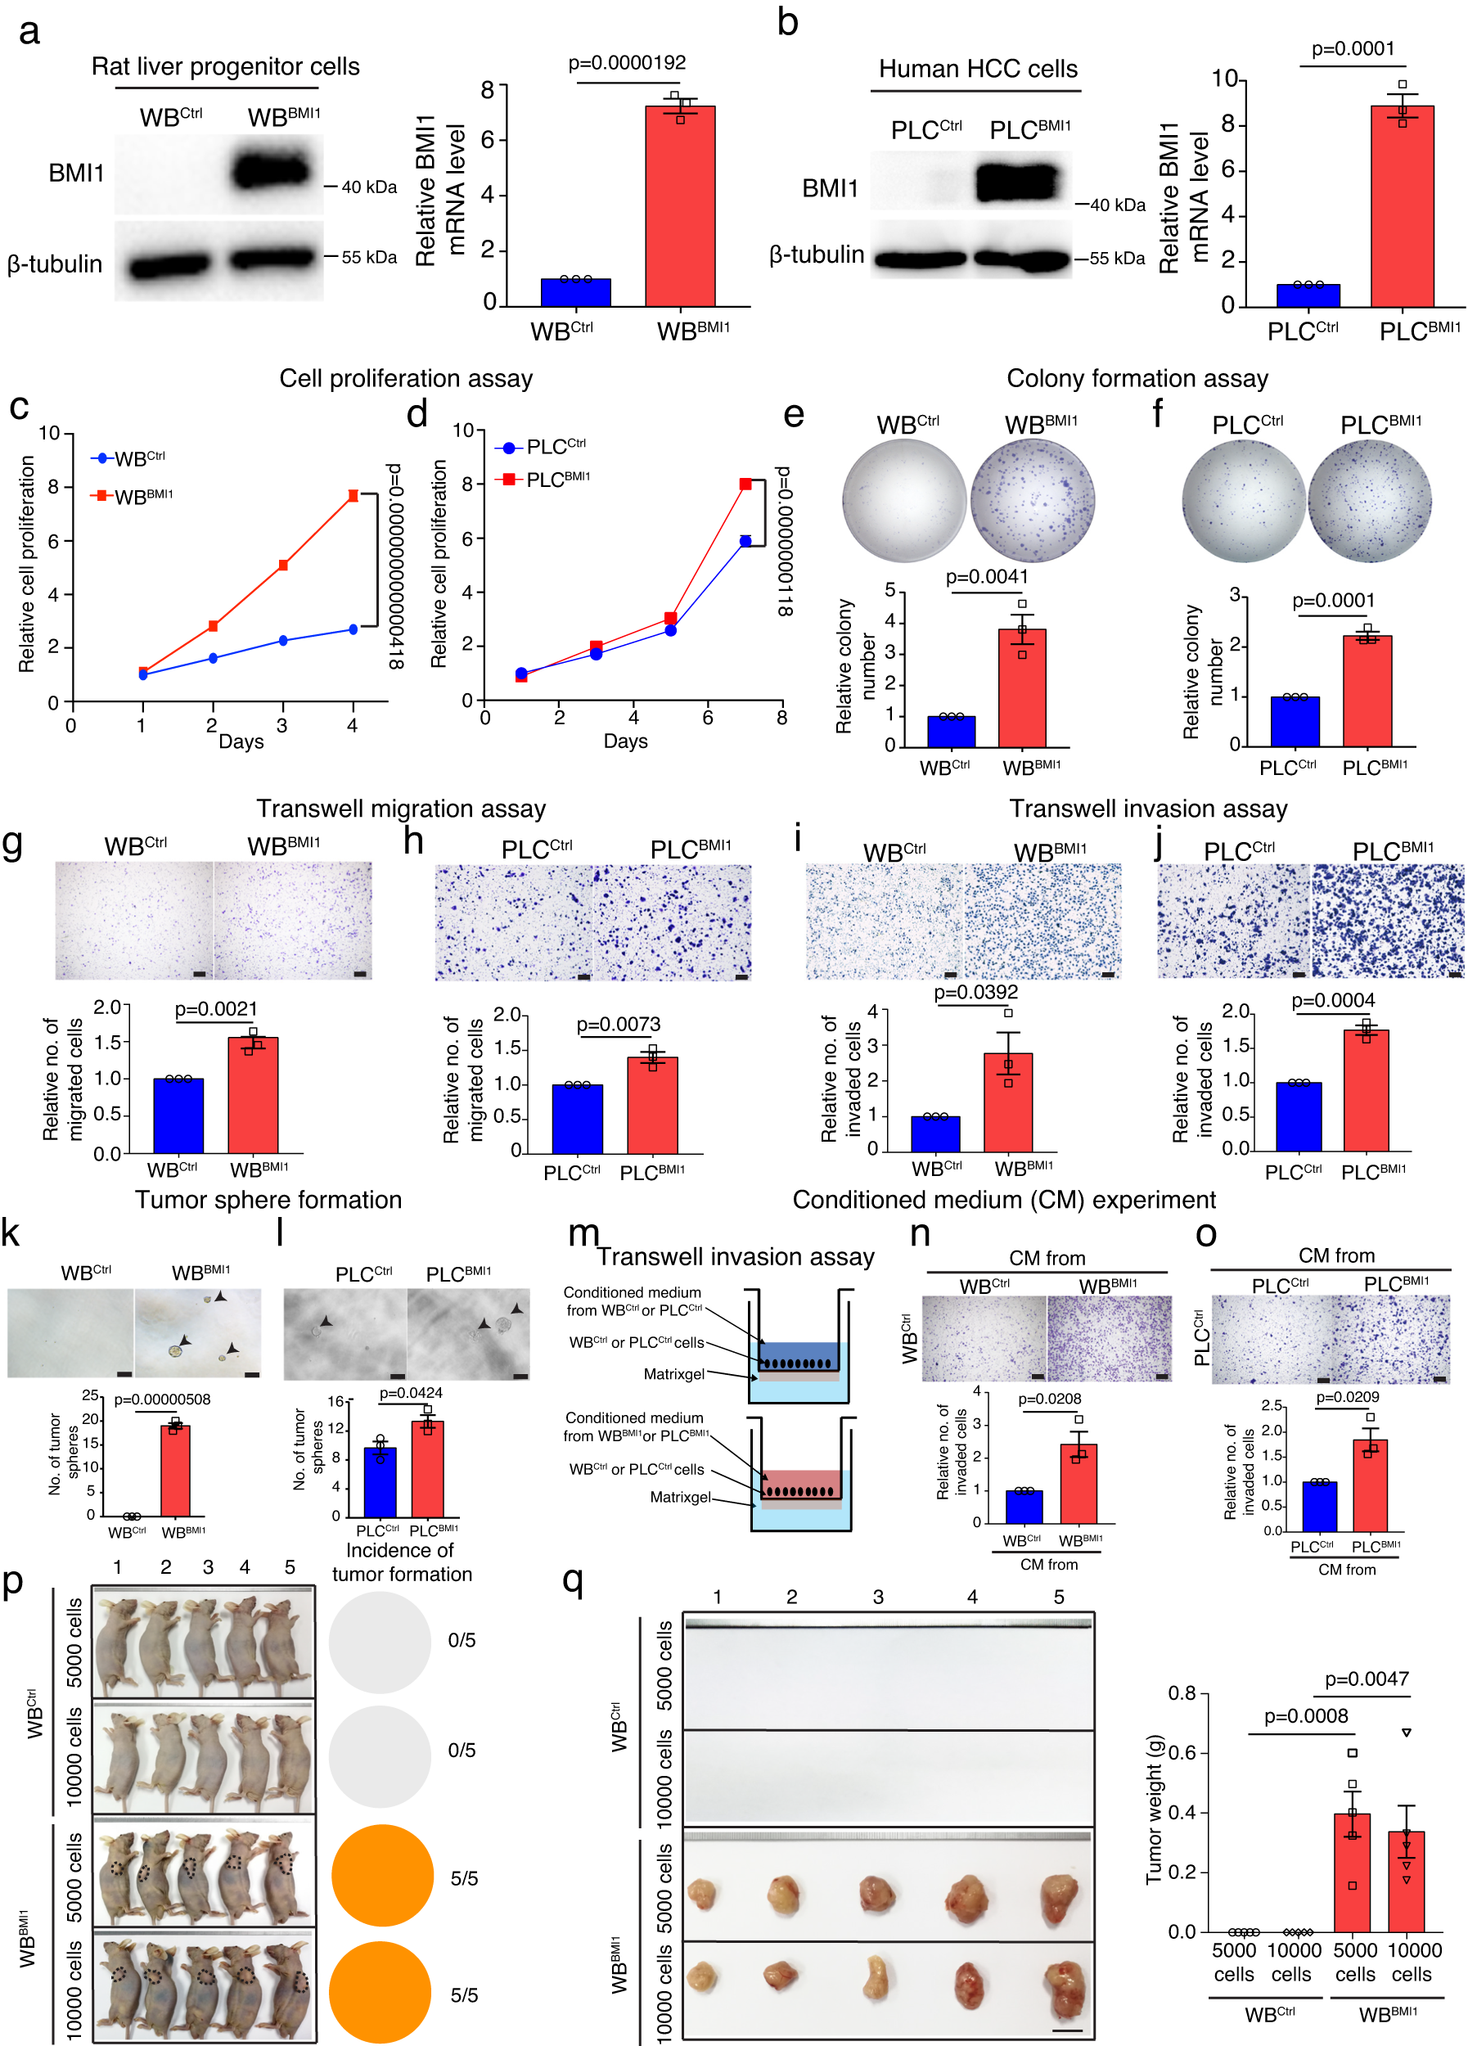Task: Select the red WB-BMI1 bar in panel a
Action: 680,208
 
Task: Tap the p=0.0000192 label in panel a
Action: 627,63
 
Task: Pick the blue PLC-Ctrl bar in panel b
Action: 1308,296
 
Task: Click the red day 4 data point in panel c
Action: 353,495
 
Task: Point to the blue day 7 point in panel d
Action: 745,541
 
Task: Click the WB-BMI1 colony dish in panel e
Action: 1033,499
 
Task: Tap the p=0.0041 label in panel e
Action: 987,577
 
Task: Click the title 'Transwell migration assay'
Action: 400,809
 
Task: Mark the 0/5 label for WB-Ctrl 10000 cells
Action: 462,1750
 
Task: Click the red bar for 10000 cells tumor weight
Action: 1406,1882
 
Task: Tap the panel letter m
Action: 583,1233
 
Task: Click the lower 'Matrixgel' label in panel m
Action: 680,1498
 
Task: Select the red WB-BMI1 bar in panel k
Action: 175,1470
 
